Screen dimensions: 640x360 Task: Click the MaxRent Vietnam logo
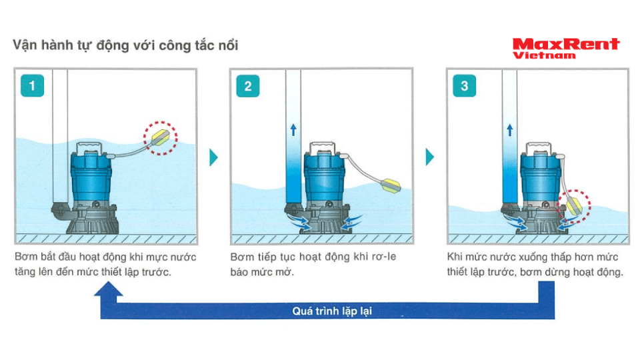coord(566,49)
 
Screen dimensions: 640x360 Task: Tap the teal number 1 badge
coord(32,86)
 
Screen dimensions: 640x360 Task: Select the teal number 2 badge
coord(248,86)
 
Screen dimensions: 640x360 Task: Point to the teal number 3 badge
coord(465,86)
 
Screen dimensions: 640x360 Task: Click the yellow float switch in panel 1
coord(161,138)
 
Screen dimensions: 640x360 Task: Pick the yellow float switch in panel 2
coord(391,186)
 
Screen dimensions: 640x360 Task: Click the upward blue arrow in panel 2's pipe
coord(293,130)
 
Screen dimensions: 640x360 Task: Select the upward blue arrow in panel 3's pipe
coord(509,130)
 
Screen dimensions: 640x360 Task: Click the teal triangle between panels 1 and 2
coord(213,157)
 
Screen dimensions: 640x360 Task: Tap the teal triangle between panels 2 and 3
coord(429,157)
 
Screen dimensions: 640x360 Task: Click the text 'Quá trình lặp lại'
coord(332,311)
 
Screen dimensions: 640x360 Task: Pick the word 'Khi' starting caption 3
coord(455,257)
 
